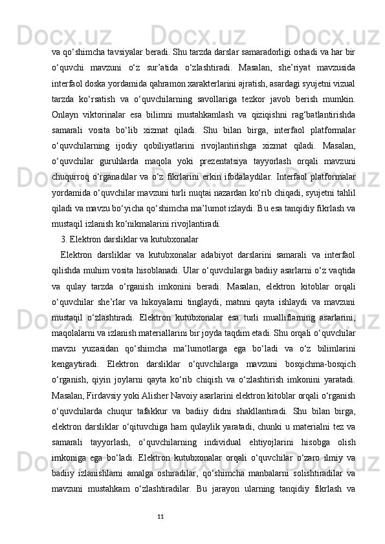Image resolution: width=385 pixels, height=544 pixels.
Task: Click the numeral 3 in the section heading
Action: point(63,238)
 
